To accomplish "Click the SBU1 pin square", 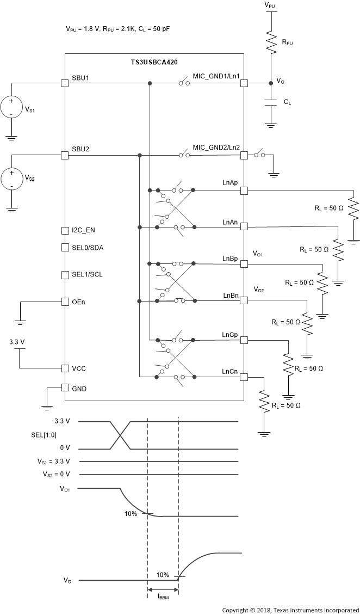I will coord(65,83).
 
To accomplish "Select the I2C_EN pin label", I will coord(84,230).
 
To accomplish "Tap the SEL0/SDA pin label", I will coord(87,248).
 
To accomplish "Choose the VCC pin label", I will coord(78,368).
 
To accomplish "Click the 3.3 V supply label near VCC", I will coord(17,342).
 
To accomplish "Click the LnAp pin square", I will coord(244,190).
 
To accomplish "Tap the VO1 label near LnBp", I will coord(258,254).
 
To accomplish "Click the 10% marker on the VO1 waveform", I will coord(131,513).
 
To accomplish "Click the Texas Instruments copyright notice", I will coord(290,610).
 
